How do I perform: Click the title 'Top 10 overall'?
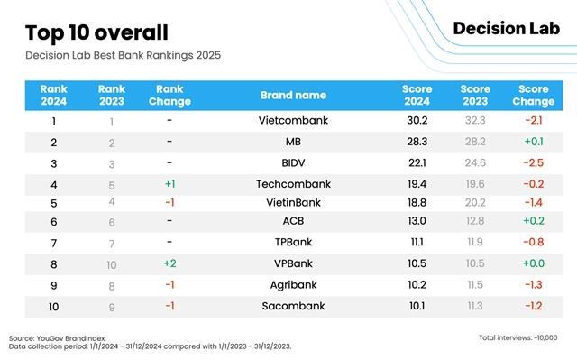96,33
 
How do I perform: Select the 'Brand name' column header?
293,96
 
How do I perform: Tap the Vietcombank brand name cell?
293,121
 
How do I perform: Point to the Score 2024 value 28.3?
417,143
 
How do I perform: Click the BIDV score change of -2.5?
533,163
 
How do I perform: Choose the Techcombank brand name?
293,184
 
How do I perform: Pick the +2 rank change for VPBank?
169,263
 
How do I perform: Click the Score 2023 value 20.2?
474,203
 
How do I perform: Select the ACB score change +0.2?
533,222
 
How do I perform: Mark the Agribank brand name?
293,285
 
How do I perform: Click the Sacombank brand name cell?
293,306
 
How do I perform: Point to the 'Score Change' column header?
533,96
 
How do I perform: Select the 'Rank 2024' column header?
54,96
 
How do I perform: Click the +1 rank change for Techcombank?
169,184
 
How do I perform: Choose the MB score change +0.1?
533,143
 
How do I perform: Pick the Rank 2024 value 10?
54,306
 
